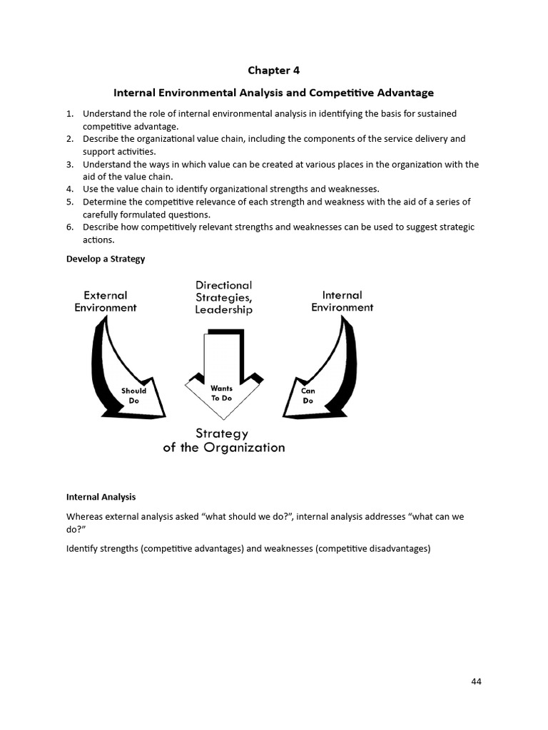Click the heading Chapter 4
274,70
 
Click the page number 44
477,681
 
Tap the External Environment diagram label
106,302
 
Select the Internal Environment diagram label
342,302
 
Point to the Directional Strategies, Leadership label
224,297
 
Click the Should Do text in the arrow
133,396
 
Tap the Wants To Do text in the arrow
221,394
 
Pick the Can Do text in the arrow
308,396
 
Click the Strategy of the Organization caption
223,441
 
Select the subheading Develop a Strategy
106,259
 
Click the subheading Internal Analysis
101,497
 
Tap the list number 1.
69,113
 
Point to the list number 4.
69,189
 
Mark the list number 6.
69,227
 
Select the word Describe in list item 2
102,139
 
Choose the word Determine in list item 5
106,202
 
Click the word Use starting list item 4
91,189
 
